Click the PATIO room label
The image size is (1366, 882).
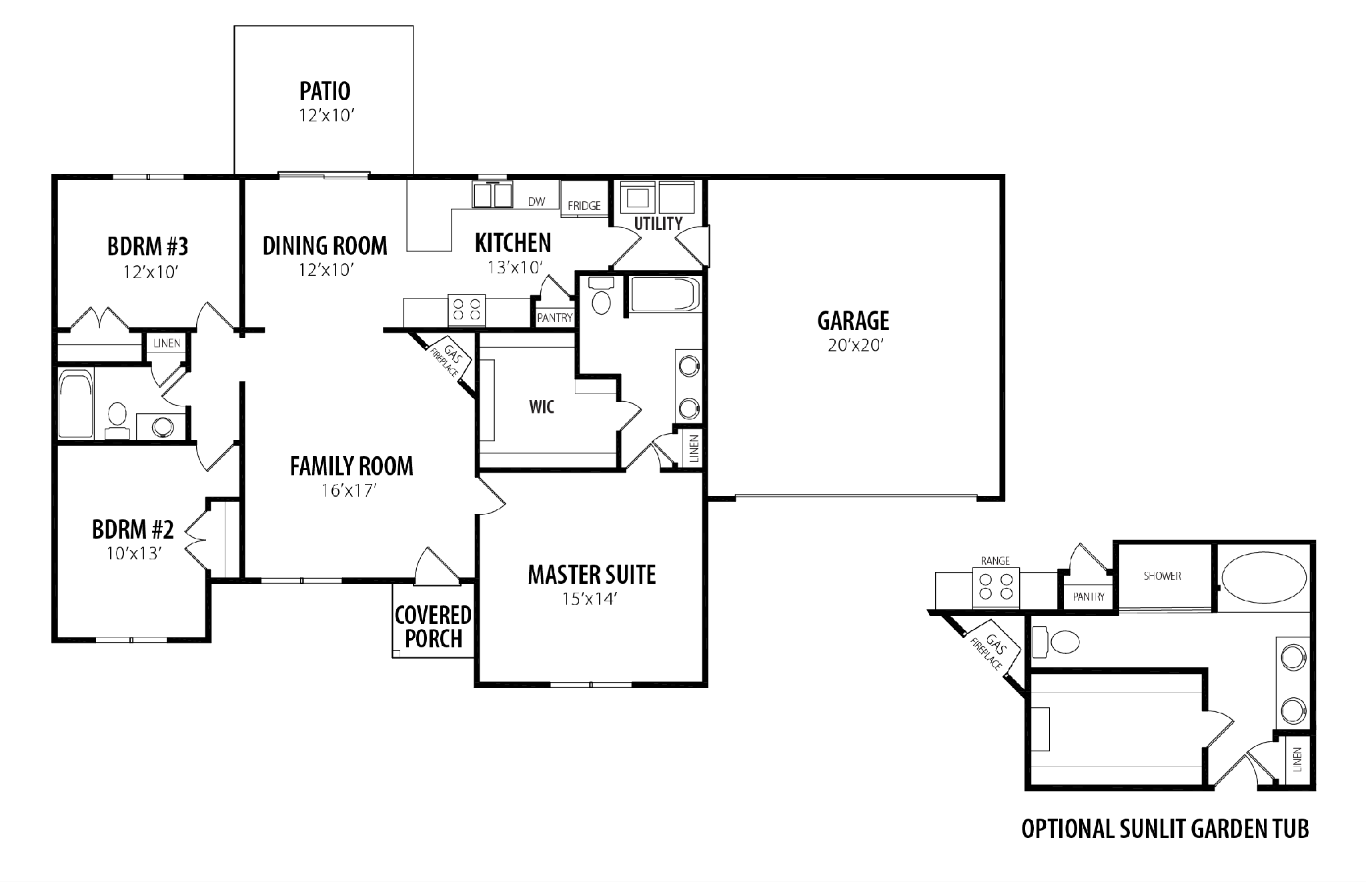[325, 91]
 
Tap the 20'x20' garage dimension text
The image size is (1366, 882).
[855, 346]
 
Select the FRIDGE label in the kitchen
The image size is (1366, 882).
[584, 206]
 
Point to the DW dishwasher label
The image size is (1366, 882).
[536, 201]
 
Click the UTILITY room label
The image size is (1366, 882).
[658, 223]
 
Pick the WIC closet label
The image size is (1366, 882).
[542, 407]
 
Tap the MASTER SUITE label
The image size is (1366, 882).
[592, 575]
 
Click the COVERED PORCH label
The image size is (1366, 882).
[434, 627]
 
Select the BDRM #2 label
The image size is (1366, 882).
[133, 530]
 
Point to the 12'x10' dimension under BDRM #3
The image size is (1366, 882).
[152, 272]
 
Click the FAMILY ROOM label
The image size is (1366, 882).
[352, 466]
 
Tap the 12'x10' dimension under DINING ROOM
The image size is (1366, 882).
[325, 270]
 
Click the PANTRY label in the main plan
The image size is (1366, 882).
[555, 318]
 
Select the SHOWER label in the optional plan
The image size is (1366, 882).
[1163, 576]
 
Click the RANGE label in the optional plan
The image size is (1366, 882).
[995, 561]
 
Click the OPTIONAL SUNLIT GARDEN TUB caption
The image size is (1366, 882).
[1165, 829]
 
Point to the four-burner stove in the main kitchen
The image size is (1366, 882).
[466, 310]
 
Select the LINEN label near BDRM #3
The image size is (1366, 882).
[167, 343]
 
